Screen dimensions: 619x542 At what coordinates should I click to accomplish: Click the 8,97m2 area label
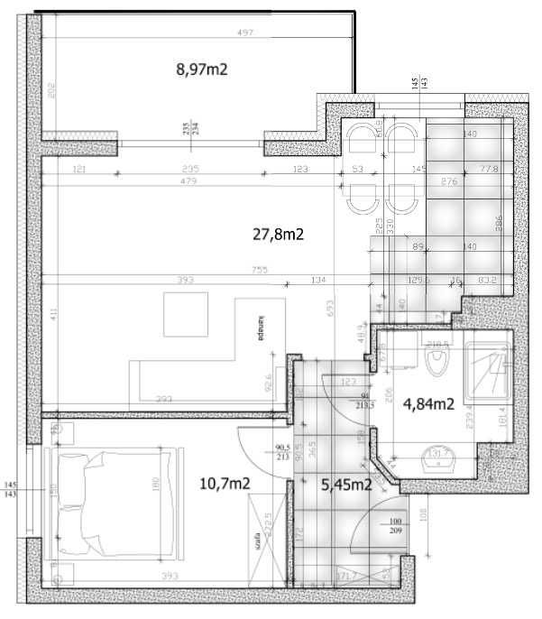pos(200,69)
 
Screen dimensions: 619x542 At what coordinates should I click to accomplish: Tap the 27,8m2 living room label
pos(277,235)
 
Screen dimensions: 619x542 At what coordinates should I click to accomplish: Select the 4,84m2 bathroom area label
pos(427,403)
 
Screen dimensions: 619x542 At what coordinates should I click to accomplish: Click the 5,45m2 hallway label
pos(347,485)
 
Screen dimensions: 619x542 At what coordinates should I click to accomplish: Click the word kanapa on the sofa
pos(259,329)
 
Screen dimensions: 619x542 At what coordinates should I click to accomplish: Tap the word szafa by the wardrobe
pos(257,540)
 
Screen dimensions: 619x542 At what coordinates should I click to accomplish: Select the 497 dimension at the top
pos(244,33)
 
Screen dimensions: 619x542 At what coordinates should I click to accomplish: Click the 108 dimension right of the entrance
pos(423,515)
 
